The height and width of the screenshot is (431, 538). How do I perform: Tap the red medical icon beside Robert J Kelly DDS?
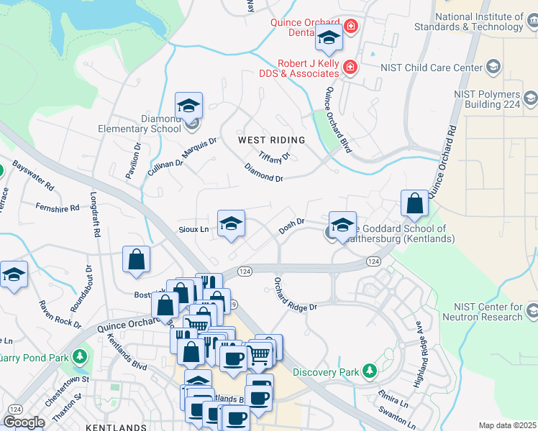click(x=350, y=68)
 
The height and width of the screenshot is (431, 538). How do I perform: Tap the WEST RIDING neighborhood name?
click(x=272, y=140)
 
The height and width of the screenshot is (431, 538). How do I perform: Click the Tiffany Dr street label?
click(x=273, y=156)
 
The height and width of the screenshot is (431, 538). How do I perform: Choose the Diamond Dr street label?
click(x=264, y=173)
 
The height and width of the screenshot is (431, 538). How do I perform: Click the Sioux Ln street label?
click(x=193, y=230)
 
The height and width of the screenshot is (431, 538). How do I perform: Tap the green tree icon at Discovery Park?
click(x=370, y=371)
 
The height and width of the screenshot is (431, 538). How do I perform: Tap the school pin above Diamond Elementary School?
click(x=188, y=106)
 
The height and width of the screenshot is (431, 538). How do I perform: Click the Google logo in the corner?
click(x=24, y=422)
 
